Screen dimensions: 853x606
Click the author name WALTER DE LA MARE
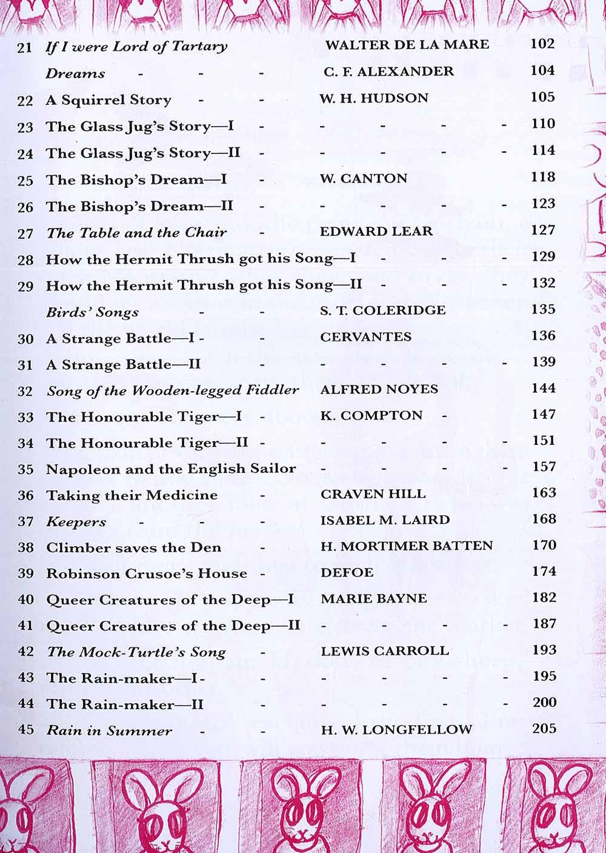point(407,45)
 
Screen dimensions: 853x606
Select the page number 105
point(542,97)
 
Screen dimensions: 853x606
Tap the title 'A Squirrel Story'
point(108,100)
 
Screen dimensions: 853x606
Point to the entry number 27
point(25,233)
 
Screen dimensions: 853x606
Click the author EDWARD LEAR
point(376,232)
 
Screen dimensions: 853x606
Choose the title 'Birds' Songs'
point(92,312)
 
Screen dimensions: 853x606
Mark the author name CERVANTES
point(365,336)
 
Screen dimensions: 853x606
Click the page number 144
point(543,388)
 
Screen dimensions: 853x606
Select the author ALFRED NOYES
point(379,389)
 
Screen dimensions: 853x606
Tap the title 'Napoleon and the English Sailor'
point(171,469)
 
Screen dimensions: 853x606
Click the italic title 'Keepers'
point(76,521)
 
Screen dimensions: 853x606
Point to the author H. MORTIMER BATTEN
point(407,546)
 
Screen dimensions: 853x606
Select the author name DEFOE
point(347,572)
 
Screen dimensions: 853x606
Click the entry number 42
point(25,652)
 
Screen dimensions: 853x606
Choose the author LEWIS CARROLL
point(385,651)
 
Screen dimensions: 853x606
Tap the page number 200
point(544,702)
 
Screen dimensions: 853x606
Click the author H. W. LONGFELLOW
point(396,729)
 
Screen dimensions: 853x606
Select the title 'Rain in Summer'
point(109,731)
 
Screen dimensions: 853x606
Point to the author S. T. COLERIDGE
point(382,310)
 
